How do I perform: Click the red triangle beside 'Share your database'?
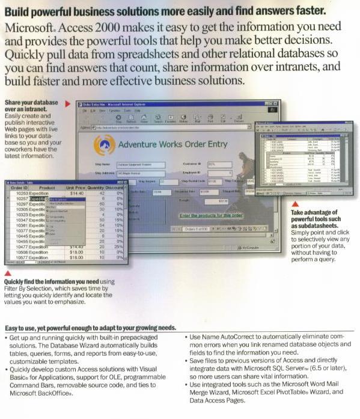click(x=67, y=103)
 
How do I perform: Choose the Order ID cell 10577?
click(x=20, y=257)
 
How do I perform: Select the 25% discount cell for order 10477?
click(x=118, y=246)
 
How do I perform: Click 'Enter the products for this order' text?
click(x=211, y=215)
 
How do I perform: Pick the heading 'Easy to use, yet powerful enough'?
click(x=90, y=328)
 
